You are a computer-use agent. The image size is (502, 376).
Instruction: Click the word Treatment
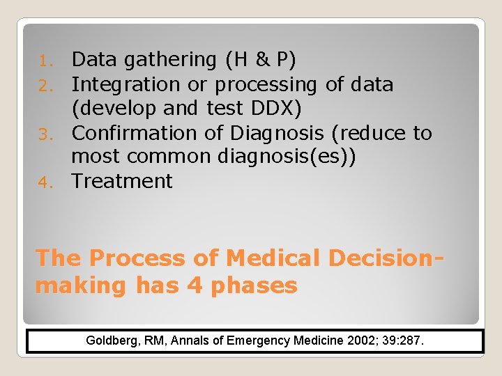(122, 181)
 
